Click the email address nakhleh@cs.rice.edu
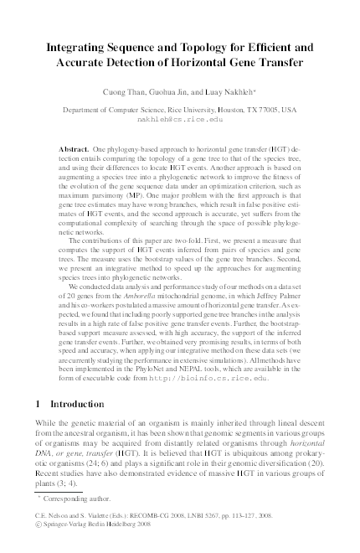pos(179,119)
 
